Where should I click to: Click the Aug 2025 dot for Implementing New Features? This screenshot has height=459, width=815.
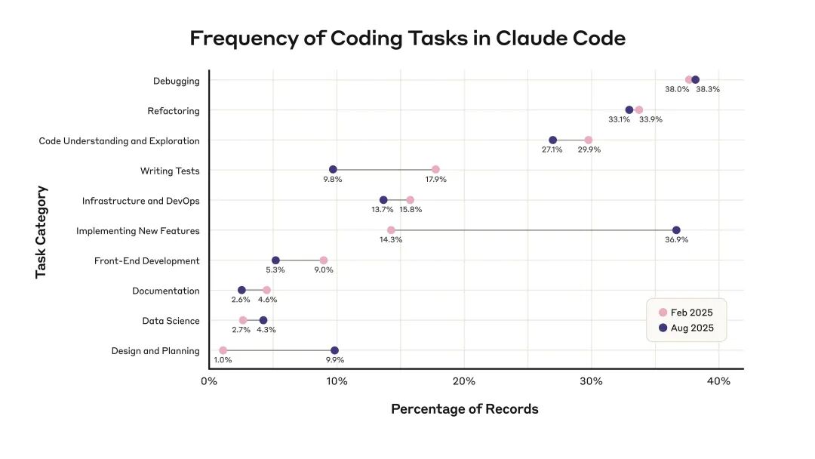pyautogui.click(x=676, y=230)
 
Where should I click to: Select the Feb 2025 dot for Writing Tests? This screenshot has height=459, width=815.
pyautogui.click(x=435, y=170)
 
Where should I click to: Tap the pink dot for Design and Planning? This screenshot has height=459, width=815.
pyautogui.click(x=223, y=350)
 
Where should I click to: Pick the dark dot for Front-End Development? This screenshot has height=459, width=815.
pyautogui.click(x=275, y=260)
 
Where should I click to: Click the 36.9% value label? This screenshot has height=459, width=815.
pyautogui.click(x=676, y=240)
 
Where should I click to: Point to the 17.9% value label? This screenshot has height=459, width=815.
pyautogui.click(x=435, y=180)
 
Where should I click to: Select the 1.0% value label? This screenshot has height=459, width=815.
pyautogui.click(x=223, y=360)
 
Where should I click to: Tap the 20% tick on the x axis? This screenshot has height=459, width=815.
pyautogui.click(x=464, y=381)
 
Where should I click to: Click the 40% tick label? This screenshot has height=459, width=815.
pyautogui.click(x=718, y=381)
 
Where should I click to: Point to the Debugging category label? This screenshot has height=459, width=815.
pyautogui.click(x=176, y=81)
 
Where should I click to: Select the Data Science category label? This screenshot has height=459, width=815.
pyautogui.click(x=171, y=321)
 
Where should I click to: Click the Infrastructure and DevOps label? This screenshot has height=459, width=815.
pyautogui.click(x=140, y=201)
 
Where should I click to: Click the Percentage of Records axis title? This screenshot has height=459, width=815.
pyautogui.click(x=464, y=409)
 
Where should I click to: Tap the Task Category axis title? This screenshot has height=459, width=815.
pyautogui.click(x=42, y=232)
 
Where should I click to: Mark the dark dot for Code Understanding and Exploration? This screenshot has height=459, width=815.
pyautogui.click(x=552, y=140)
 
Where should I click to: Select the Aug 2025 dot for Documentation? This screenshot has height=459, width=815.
pyautogui.click(x=241, y=290)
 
